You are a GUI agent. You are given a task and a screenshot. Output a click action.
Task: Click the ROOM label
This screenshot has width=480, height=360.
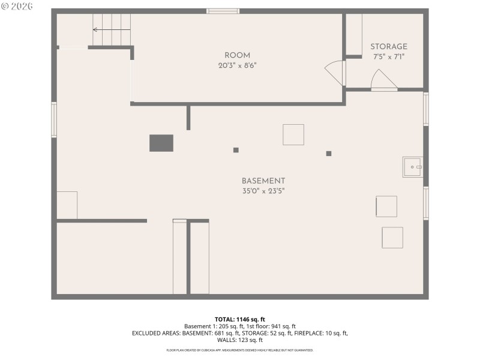237,55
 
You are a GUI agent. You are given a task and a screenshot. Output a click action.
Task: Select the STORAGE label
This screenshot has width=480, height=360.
388,47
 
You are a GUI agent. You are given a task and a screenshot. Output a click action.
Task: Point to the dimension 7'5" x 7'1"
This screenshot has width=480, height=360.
388,57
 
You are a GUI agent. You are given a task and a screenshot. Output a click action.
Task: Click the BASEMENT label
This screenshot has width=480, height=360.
263,181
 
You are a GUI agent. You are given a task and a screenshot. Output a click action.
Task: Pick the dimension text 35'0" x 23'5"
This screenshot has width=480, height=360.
263,191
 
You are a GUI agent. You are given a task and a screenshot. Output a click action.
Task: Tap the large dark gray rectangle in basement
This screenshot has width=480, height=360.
161,143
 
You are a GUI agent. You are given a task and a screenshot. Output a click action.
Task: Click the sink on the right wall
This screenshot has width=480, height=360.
412,167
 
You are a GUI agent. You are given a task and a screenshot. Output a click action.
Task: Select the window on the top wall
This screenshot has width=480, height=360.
223,11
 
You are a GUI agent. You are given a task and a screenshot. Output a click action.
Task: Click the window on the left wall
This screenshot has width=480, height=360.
54,119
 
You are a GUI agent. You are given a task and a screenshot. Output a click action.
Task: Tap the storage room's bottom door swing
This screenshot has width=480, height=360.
383,80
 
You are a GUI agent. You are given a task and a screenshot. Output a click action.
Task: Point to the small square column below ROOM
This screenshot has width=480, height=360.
236,150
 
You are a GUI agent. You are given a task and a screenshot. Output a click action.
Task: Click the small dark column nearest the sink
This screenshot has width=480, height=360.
329,154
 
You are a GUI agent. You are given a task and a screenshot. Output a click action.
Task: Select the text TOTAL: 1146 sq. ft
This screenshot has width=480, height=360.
239,319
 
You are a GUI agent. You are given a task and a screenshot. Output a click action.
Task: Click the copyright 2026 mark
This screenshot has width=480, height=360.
17,7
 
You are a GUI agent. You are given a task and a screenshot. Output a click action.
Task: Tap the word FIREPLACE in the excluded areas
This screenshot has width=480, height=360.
311,332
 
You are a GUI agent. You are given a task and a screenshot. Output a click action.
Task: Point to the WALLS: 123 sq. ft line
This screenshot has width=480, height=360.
239,340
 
